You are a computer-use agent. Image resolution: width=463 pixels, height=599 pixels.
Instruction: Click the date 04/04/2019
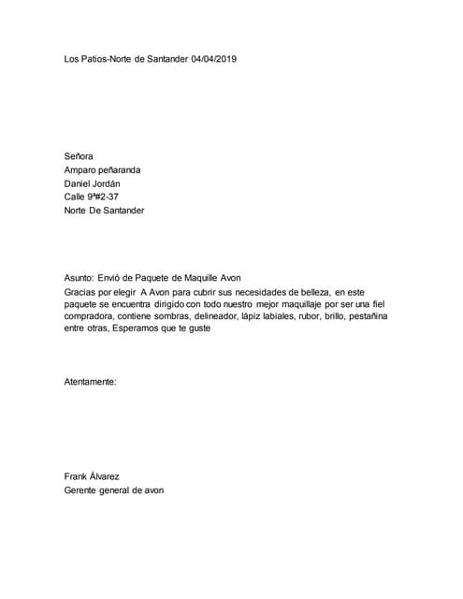click(213, 59)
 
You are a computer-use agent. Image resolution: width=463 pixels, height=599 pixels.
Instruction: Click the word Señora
click(79, 155)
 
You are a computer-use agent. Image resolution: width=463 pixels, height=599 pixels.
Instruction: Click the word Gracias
click(81, 293)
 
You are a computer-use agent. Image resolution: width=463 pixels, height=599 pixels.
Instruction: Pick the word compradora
click(94, 317)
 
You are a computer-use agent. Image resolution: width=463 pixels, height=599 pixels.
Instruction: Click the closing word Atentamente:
click(90, 382)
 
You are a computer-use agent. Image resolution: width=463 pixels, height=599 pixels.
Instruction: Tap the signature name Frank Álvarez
click(92, 475)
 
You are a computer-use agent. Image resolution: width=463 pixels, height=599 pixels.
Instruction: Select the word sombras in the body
click(163, 317)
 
